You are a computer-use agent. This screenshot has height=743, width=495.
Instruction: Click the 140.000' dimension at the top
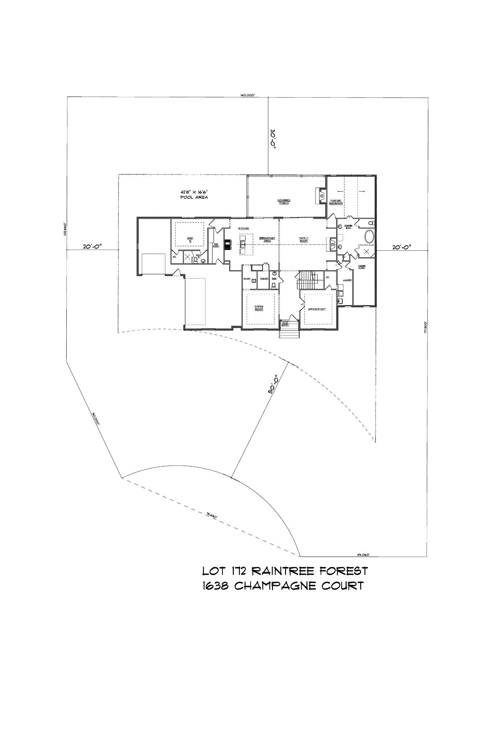click(248, 95)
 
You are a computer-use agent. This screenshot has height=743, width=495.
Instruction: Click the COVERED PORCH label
click(284, 201)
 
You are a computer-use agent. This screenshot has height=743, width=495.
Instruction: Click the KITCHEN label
click(243, 229)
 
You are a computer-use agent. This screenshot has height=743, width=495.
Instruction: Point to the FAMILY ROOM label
click(304, 239)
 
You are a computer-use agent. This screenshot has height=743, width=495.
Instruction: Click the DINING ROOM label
click(259, 308)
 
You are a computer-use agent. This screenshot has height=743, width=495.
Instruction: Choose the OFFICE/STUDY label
click(317, 309)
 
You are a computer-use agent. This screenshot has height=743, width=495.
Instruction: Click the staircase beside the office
click(308, 279)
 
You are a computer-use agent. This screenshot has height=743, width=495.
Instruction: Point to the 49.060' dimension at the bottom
click(363, 554)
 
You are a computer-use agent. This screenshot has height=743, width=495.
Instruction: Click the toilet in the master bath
click(370, 223)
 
